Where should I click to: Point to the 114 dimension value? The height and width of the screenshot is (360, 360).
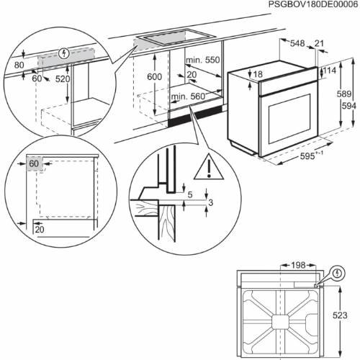(x=330, y=71)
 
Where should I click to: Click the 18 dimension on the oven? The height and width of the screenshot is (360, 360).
(x=258, y=74)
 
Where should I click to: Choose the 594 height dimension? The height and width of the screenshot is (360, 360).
(x=348, y=106)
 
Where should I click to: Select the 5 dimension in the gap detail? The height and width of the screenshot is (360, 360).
(x=189, y=194)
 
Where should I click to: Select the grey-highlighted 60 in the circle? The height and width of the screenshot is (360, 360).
(x=34, y=164)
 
